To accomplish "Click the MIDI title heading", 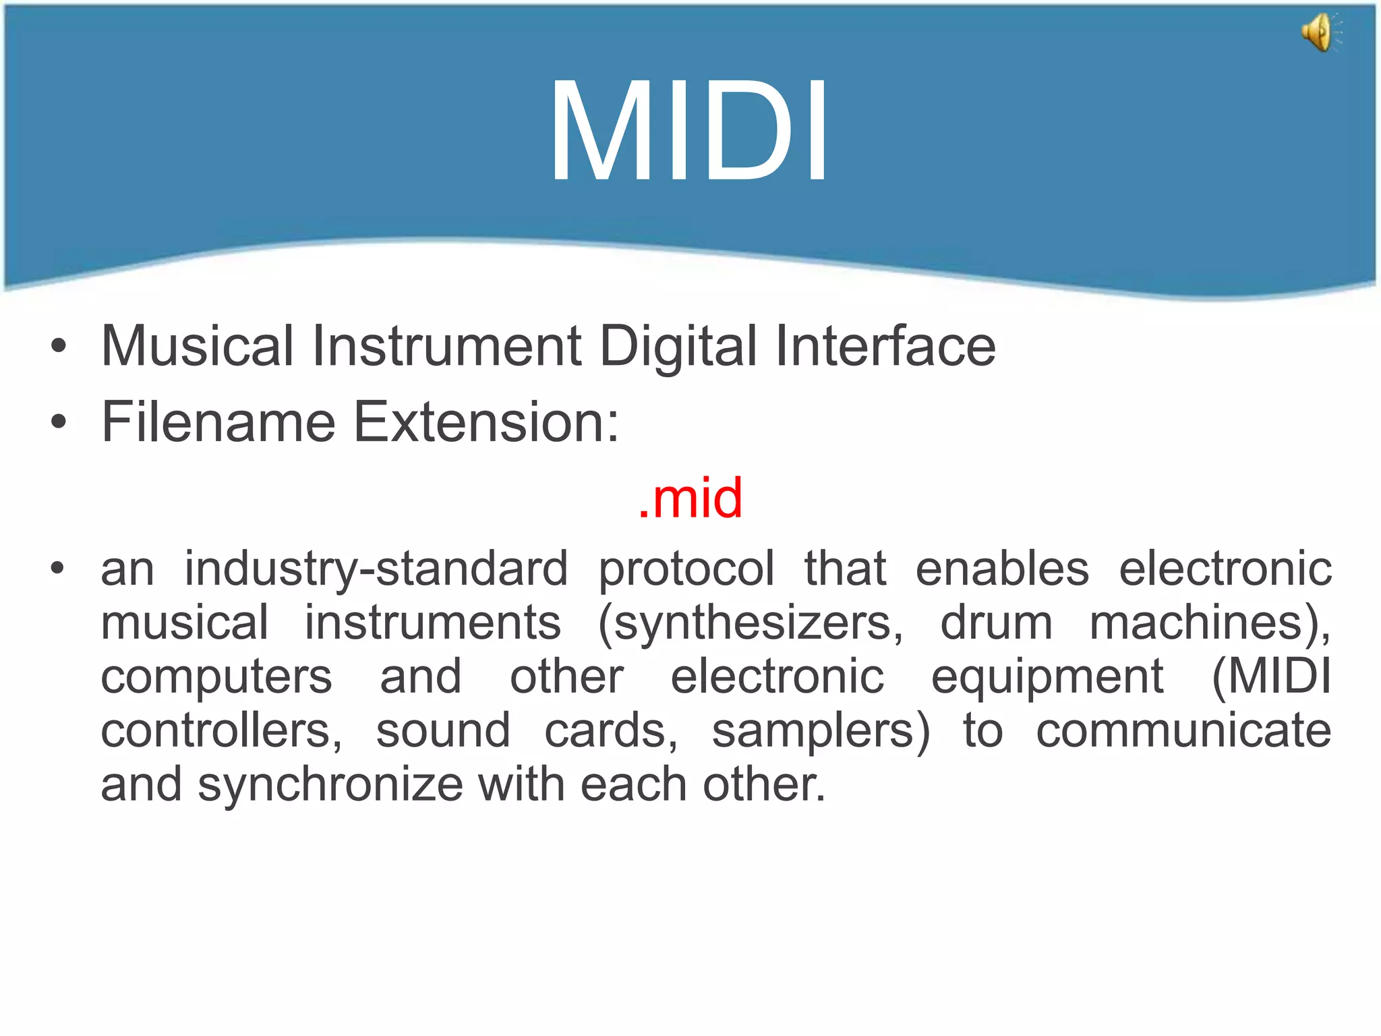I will point(689,132).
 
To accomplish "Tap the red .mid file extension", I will point(690,498).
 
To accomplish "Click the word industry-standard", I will point(376,570).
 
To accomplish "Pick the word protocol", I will point(686,570).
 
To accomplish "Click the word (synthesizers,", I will point(751,624).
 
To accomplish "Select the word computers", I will point(216,678).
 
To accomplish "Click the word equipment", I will point(1047,678).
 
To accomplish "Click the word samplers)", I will point(821,732).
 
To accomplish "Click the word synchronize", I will point(330,786).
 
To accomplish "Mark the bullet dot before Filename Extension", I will point(59,423).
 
